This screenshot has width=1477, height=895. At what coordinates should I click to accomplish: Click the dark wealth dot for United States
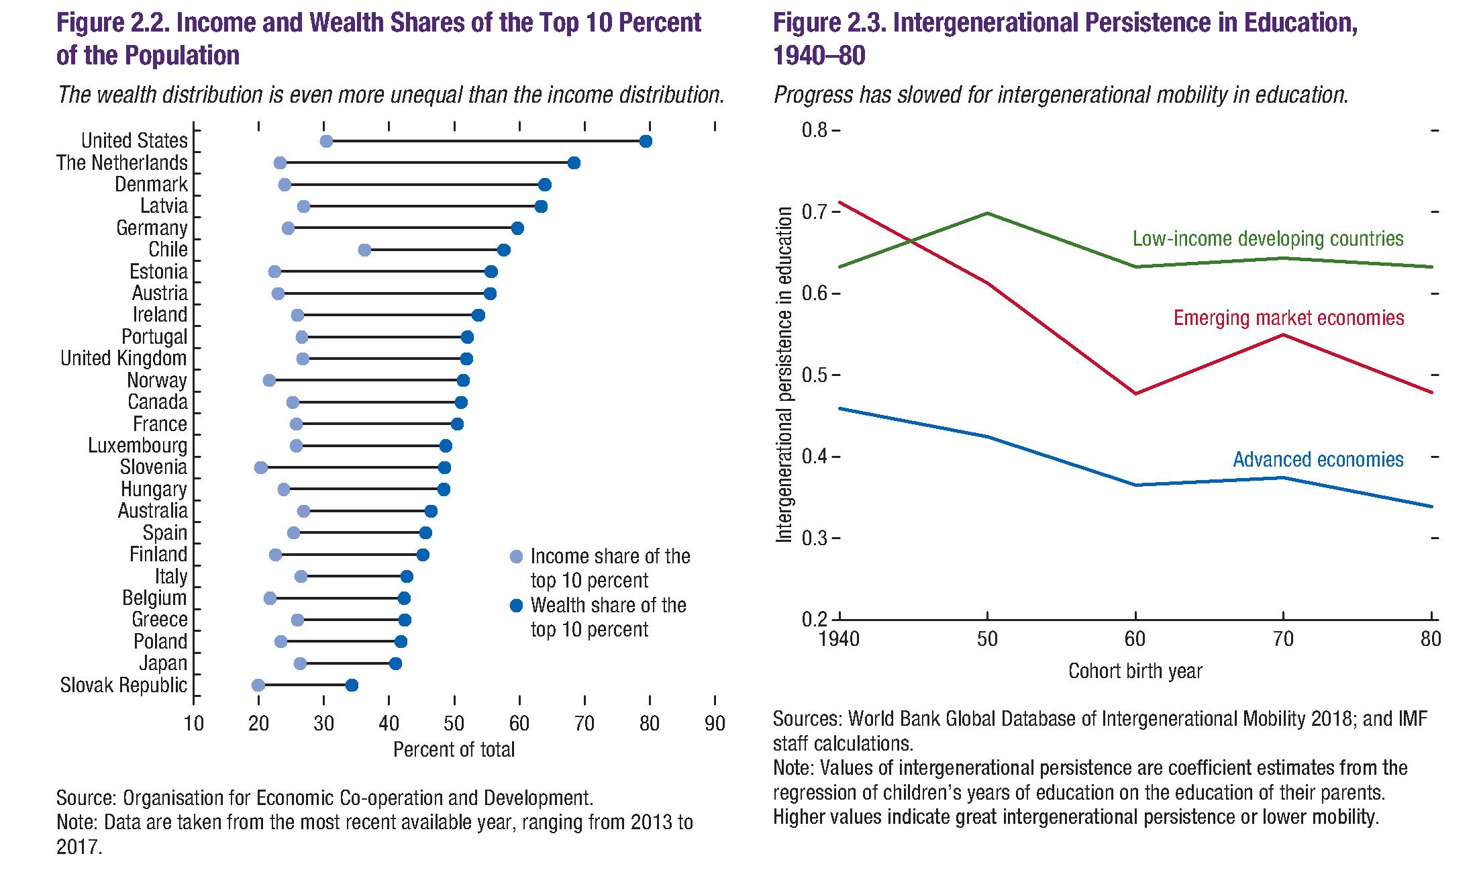pyautogui.click(x=646, y=141)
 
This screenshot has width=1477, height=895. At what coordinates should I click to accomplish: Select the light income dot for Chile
pyautogui.click(x=364, y=250)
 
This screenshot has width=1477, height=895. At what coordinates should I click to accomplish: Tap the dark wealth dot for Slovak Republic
pyautogui.click(x=352, y=686)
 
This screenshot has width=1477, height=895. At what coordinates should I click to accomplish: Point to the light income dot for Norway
pyautogui.click(x=269, y=381)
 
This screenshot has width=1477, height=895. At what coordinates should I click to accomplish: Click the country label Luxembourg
pyautogui.click(x=138, y=446)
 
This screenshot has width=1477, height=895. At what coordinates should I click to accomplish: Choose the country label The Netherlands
pyautogui.click(x=121, y=163)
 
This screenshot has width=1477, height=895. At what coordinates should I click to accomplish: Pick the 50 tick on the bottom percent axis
pyautogui.click(x=454, y=724)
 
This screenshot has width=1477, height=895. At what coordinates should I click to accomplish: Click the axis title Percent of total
pyautogui.click(x=454, y=750)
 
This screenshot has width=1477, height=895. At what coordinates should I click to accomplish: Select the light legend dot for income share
pyautogui.click(x=516, y=557)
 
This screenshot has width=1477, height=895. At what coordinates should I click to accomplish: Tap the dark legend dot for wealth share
pyautogui.click(x=516, y=606)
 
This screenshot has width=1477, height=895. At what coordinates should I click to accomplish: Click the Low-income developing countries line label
pyautogui.click(x=1268, y=239)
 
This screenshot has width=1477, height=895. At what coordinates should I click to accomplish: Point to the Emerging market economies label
pyautogui.click(x=1288, y=318)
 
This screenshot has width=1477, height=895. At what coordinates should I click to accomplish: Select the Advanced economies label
pyautogui.click(x=1318, y=460)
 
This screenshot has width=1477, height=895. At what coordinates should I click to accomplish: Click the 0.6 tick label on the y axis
pyautogui.click(x=814, y=293)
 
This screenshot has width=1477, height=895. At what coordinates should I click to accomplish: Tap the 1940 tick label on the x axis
pyautogui.click(x=839, y=639)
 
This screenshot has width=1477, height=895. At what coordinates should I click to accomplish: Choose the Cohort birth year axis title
pyautogui.click(x=1135, y=671)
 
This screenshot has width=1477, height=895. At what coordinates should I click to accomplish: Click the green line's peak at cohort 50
pyautogui.click(x=987, y=214)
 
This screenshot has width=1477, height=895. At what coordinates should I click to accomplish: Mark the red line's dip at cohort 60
pyautogui.click(x=1135, y=393)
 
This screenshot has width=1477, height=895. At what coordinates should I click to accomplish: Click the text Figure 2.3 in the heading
pyautogui.click(x=828, y=23)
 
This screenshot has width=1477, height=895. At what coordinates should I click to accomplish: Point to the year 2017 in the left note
pyautogui.click(x=78, y=847)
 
